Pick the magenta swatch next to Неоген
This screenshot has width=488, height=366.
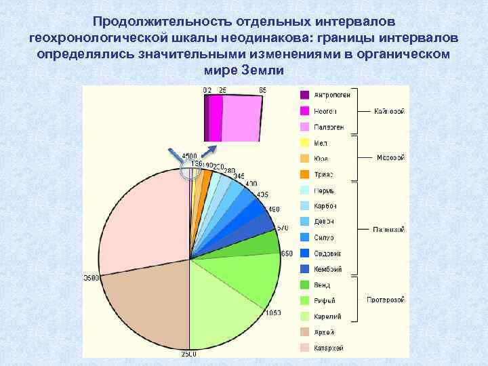click(x=304, y=110)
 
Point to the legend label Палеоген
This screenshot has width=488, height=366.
click(x=327, y=127)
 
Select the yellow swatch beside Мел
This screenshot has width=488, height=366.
click(x=304, y=142)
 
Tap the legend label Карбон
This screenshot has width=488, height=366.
click(x=325, y=206)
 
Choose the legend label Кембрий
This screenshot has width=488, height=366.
click(x=328, y=269)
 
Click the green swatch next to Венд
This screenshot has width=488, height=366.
click(x=304, y=285)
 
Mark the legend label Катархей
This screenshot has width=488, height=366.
click(x=329, y=348)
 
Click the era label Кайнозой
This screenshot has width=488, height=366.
click(x=389, y=110)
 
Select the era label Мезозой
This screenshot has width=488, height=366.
click(x=390, y=158)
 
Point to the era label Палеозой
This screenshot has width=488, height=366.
click(x=389, y=229)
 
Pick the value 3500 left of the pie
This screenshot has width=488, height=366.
click(x=90, y=278)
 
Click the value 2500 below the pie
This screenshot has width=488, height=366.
click(x=188, y=354)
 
